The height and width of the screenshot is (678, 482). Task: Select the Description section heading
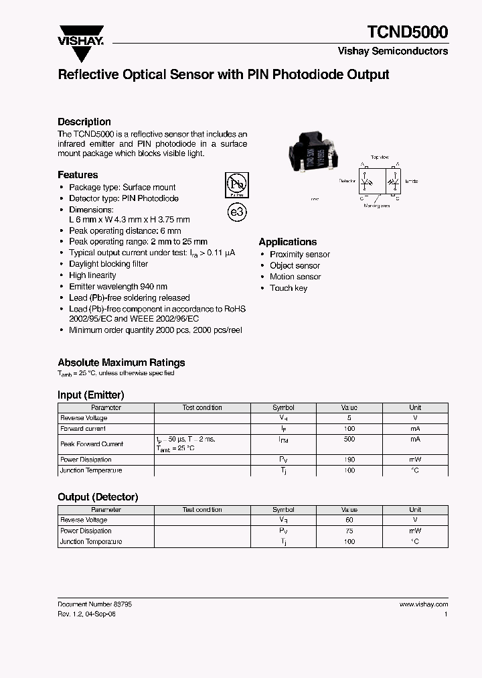[x=84, y=122]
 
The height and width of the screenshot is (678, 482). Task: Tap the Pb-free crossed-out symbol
[x=235, y=184]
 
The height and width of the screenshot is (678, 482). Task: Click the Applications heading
[x=288, y=242]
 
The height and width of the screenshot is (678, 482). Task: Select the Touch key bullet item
[x=289, y=288]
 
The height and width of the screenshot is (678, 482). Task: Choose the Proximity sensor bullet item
[x=299, y=255]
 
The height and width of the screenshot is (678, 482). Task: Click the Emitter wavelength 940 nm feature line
[x=118, y=287]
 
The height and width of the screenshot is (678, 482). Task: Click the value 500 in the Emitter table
[x=349, y=439]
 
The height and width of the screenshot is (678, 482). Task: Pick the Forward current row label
[x=83, y=429]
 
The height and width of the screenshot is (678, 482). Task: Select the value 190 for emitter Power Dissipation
[x=349, y=460]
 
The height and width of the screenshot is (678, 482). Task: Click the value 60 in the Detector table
[x=349, y=520]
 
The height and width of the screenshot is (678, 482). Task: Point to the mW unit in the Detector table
[x=415, y=531]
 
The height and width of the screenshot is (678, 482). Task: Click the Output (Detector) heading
[x=98, y=497]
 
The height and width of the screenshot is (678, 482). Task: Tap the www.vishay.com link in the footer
[x=423, y=604]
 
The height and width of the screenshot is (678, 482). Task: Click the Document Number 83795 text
[x=94, y=604]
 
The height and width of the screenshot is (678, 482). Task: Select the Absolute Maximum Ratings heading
[x=121, y=362]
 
